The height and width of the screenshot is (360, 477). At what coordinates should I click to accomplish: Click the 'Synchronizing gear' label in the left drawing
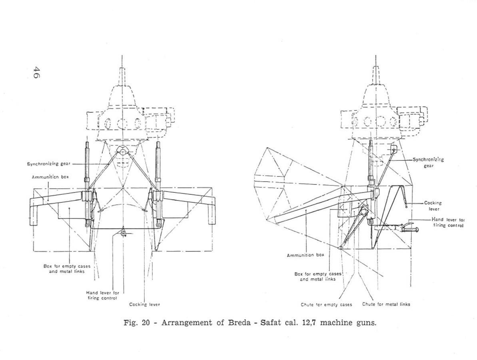(49, 164)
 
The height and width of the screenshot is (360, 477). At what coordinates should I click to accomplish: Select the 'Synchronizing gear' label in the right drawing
(428, 162)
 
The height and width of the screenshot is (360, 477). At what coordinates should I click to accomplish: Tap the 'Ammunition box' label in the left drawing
(50, 177)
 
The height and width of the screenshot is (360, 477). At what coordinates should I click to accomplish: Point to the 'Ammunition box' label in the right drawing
(306, 255)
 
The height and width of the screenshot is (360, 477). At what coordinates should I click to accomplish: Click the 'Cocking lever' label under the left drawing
(144, 304)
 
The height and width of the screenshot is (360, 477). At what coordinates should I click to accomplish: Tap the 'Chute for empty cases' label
(326, 304)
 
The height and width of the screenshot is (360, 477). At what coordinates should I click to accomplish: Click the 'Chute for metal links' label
(386, 304)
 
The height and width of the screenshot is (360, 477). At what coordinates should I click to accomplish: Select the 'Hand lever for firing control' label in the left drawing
(102, 295)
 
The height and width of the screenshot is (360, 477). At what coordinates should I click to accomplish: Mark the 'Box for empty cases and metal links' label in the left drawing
(67, 268)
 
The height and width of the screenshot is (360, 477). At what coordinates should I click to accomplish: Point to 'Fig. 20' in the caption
(137, 322)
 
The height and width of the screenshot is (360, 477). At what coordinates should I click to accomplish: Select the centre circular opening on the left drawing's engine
(122, 123)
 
